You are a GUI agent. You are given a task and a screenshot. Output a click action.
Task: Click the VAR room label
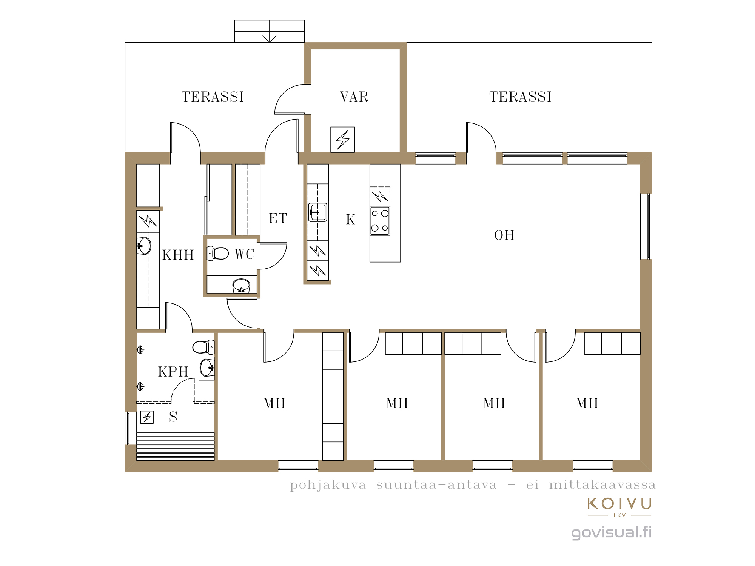click(x=354, y=97)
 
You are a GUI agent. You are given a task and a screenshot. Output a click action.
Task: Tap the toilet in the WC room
click(x=218, y=253)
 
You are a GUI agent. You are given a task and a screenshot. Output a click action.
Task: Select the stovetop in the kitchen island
click(x=380, y=221)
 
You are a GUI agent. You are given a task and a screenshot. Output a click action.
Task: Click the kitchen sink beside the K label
click(x=317, y=212)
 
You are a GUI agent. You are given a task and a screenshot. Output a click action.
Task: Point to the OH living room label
click(x=504, y=235)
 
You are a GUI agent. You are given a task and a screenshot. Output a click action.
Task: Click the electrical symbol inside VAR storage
click(x=342, y=140)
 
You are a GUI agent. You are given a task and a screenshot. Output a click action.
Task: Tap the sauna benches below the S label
click(x=176, y=446)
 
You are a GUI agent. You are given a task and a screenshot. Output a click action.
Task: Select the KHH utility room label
click(x=178, y=255)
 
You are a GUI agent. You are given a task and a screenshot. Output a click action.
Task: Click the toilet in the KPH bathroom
click(x=203, y=347)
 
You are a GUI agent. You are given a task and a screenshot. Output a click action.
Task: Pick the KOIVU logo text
click(x=619, y=504)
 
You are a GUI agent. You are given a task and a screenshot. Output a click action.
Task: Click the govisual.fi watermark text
click(x=612, y=532)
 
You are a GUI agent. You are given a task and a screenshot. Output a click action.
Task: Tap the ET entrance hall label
click(x=278, y=218)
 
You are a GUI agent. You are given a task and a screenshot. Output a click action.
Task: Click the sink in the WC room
click(x=241, y=286)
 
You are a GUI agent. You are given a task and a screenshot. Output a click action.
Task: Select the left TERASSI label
click(x=213, y=97)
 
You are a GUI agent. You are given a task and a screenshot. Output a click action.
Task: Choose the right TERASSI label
click(x=521, y=97)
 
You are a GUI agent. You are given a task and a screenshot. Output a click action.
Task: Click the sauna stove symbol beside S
click(x=147, y=417)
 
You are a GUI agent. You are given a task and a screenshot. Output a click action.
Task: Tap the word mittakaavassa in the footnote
click(x=602, y=485)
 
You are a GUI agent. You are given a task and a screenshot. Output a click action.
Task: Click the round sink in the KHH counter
click(x=143, y=246)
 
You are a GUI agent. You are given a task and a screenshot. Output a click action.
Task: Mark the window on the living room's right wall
click(x=646, y=226)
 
